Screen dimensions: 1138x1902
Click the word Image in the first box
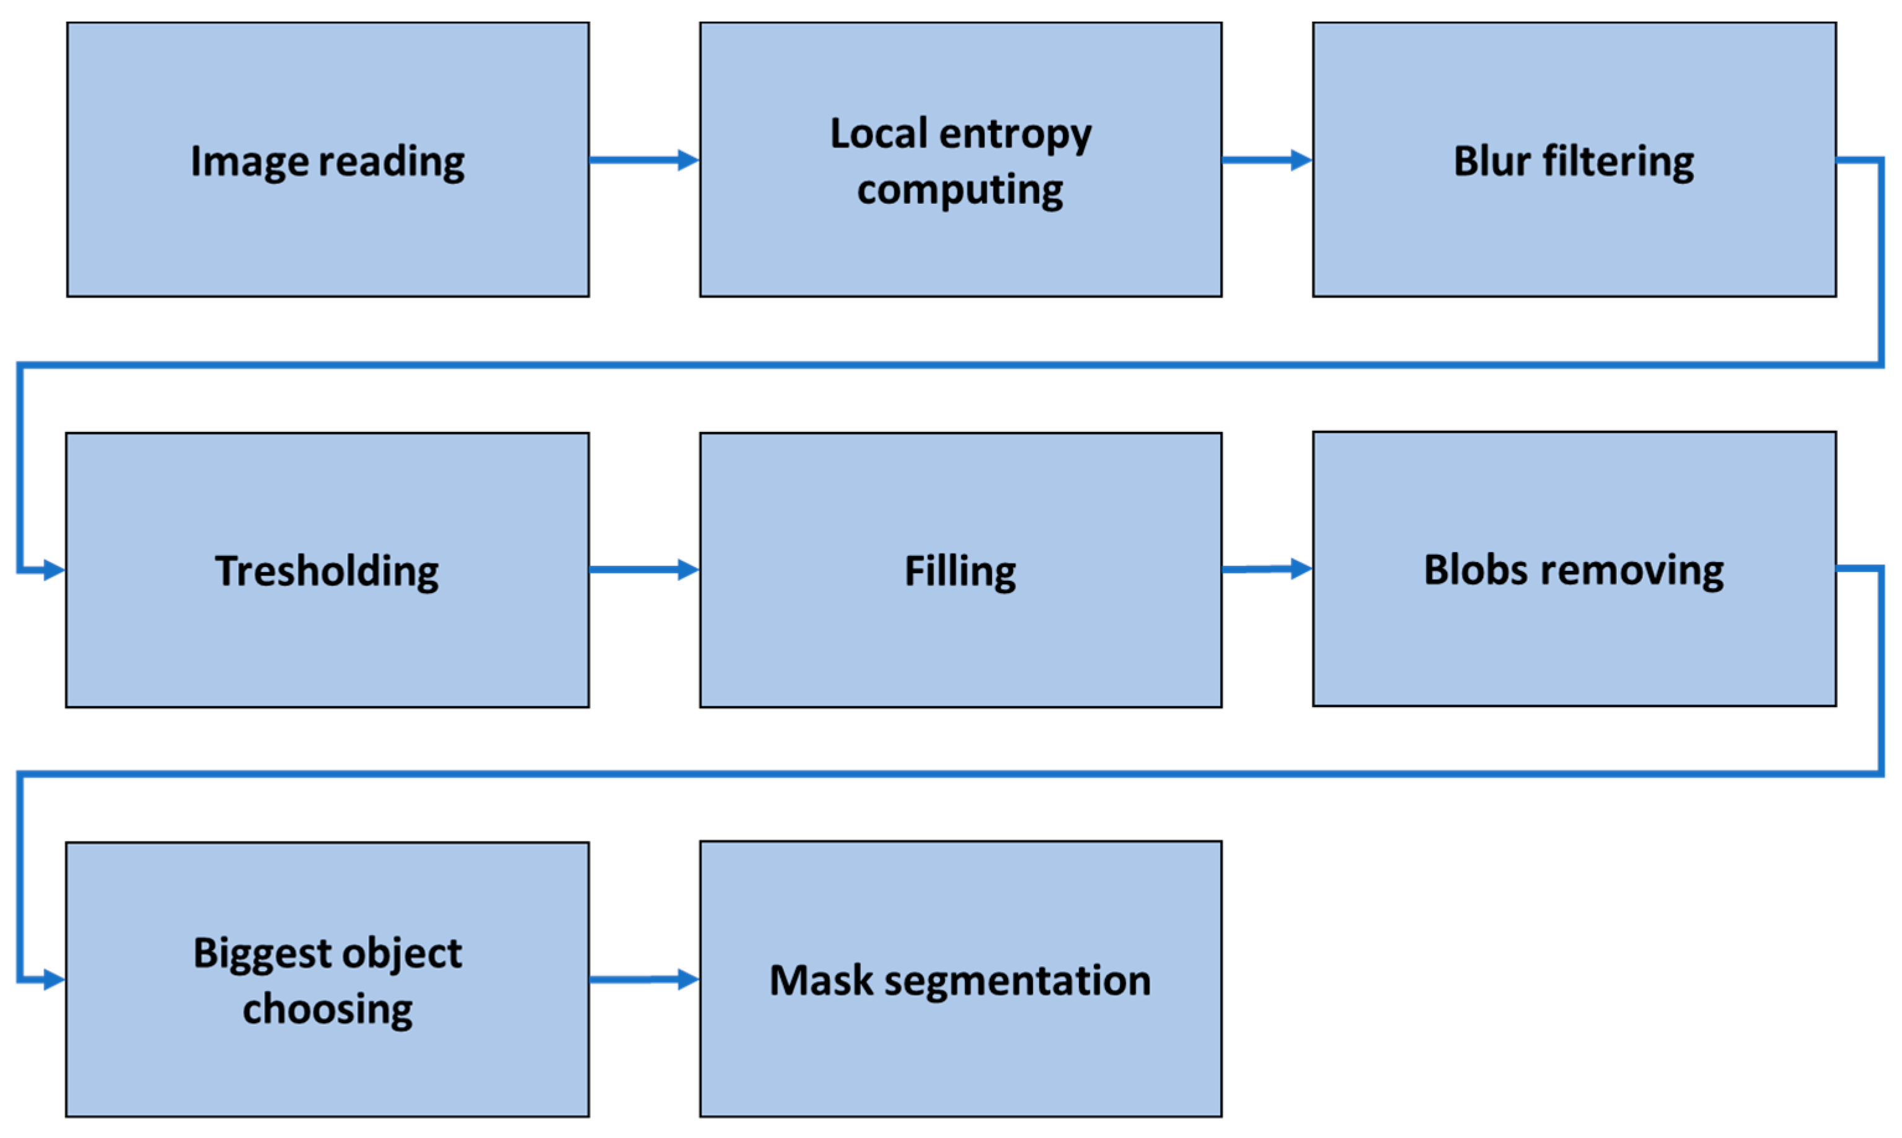click(x=250, y=162)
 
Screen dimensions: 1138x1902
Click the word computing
click(x=960, y=190)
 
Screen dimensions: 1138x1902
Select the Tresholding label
click(x=327, y=571)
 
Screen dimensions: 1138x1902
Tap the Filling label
click(x=960, y=571)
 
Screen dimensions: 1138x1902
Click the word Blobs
click(x=1475, y=570)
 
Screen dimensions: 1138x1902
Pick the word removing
click(x=1633, y=570)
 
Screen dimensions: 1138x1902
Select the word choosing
click(x=327, y=1009)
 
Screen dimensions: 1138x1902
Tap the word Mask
click(x=821, y=981)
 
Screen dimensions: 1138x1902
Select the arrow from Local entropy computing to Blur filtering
click(x=1266, y=161)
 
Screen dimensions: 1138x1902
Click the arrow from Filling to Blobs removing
click(x=1266, y=569)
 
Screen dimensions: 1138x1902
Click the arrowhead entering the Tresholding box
click(x=54, y=570)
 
